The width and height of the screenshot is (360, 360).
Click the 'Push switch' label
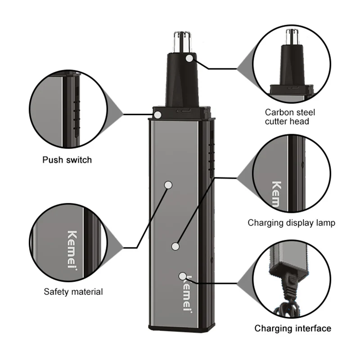(x=67, y=160)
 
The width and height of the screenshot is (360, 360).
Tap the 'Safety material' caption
(x=73, y=292)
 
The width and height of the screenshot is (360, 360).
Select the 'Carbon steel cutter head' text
(x=290, y=117)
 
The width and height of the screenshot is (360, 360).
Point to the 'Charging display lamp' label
(x=291, y=223)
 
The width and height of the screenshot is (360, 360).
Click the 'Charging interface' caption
(x=293, y=328)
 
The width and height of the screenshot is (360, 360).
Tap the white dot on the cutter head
(x=190, y=58)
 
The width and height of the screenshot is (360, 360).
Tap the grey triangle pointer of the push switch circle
(x=116, y=113)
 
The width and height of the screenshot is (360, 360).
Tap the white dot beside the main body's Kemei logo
(x=182, y=276)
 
